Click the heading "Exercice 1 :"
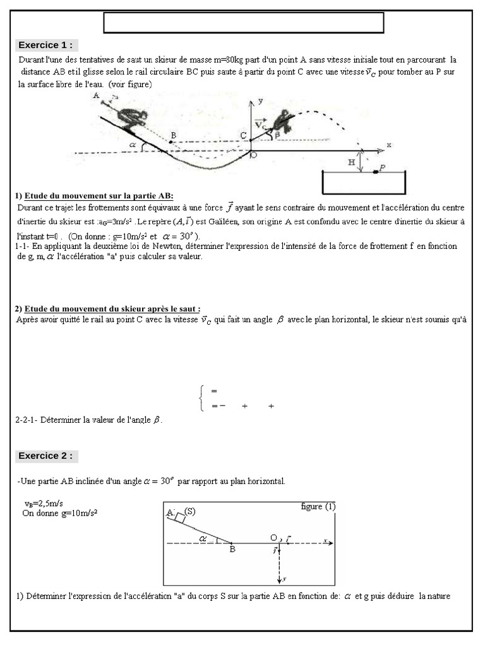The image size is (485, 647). coord(46,45)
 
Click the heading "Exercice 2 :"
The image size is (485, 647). coord(46,456)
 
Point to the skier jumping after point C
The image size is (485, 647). coord(280,121)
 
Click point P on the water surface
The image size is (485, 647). coord(377,171)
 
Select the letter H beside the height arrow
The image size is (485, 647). coord(352,162)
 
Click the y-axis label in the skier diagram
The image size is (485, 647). coord(260,101)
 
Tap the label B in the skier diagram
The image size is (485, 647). coord(173,135)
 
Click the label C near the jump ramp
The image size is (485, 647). coord(243,136)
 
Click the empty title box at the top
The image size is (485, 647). coord(244,23)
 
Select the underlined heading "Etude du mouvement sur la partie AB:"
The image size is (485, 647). coord(99,196)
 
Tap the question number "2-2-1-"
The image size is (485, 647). coord(26,420)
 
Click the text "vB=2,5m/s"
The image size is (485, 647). coord(44,504)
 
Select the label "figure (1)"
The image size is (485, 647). coord(318,507)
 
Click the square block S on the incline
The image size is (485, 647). coord(181,517)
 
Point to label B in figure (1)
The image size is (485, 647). coord(232,550)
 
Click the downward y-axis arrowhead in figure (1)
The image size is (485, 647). coord(278,579)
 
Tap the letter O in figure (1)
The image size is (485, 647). coord(273,538)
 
